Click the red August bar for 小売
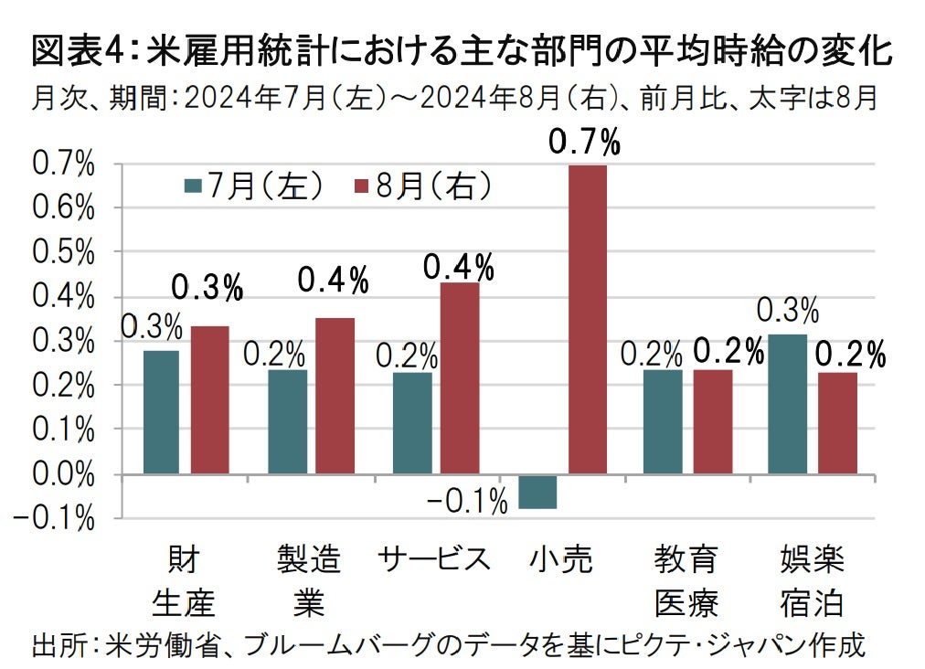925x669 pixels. coord(587,319)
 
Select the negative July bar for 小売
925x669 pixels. coord(537,491)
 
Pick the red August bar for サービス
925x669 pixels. coord(460,378)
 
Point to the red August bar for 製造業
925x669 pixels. coord(335,396)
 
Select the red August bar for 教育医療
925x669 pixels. coord(712,421)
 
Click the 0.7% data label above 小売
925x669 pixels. coord(584,143)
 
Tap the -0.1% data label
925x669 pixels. coord(467,501)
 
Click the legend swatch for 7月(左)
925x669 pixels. coord(193,186)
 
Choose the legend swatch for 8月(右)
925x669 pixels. coord(361,186)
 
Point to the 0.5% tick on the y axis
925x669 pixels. coord(64,252)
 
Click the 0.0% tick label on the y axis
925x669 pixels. coord(64,474)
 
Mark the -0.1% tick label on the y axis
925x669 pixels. coord(57,518)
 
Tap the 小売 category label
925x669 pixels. coord(561,558)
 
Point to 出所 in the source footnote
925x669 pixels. coord(58,645)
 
